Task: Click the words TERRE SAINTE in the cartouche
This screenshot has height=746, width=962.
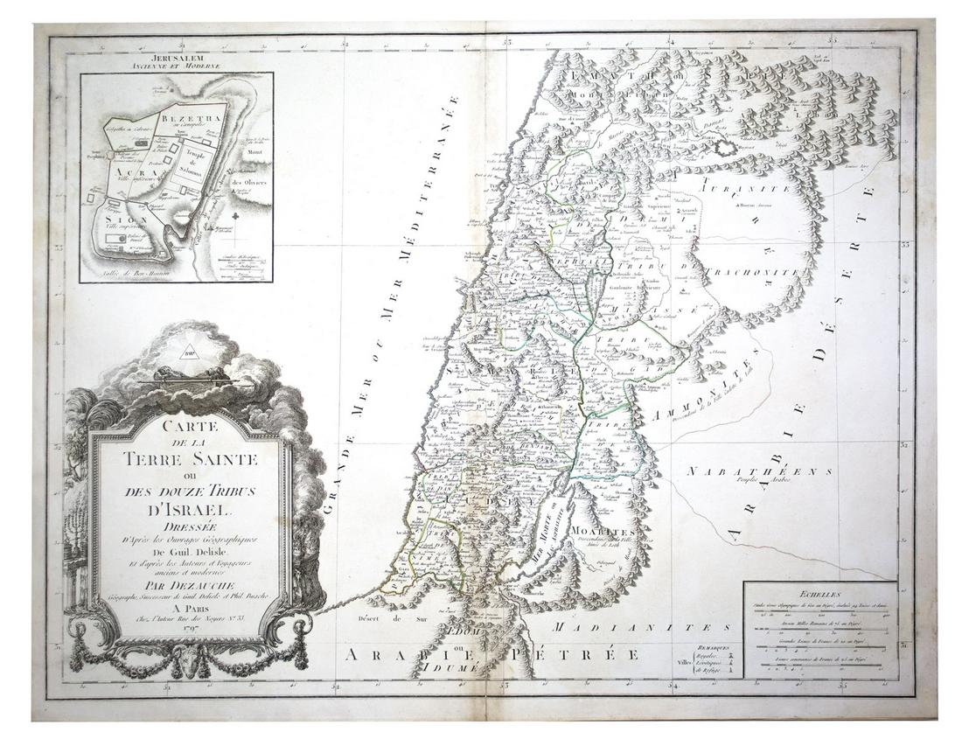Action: [190, 458]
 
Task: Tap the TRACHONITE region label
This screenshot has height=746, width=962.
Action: [761, 272]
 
